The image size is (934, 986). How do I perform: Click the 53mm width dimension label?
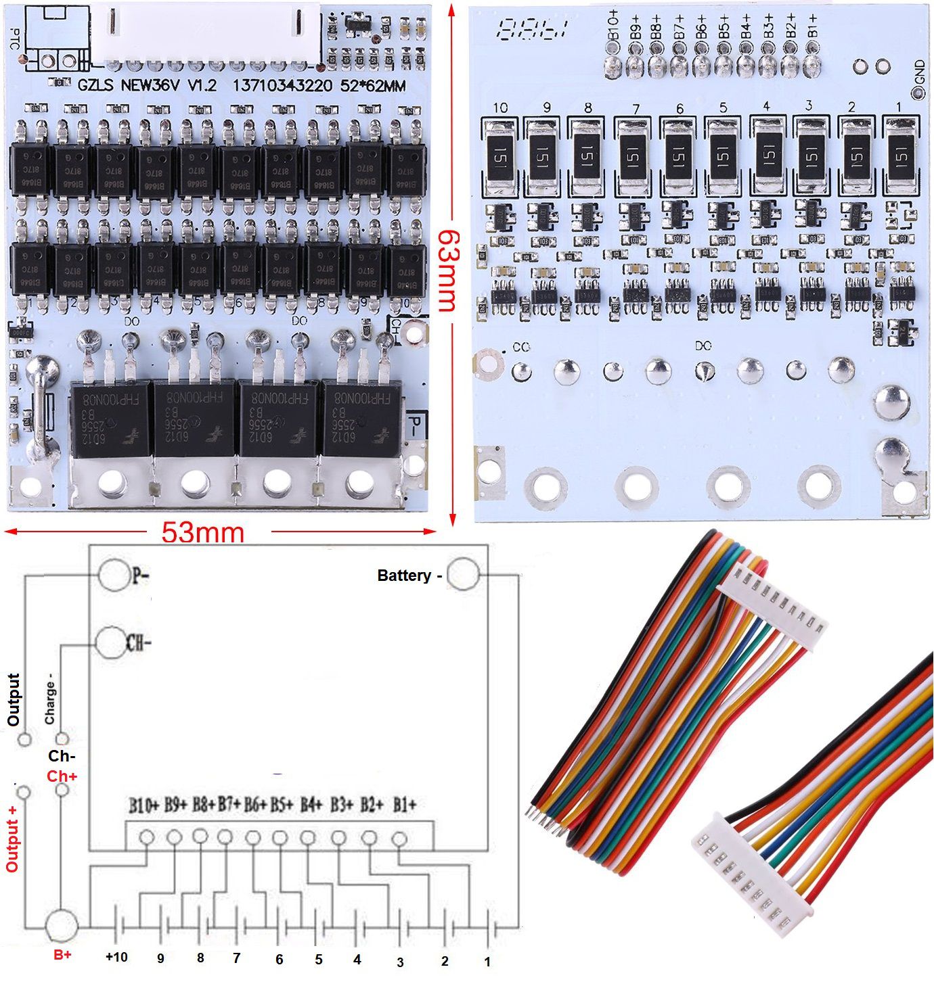[x=202, y=532]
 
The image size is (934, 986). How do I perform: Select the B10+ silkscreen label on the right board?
[x=614, y=26]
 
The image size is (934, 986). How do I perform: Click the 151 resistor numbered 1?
[x=901, y=156]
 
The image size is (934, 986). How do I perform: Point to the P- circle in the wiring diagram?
[x=113, y=576]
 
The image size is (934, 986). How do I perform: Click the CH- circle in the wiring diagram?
[x=111, y=642]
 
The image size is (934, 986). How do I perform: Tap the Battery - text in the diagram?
[x=409, y=576]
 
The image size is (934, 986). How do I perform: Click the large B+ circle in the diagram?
[x=62, y=926]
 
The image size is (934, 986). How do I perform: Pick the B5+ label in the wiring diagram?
[x=282, y=805]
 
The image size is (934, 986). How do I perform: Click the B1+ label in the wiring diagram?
[x=404, y=805]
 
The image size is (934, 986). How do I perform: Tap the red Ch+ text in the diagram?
[x=62, y=776]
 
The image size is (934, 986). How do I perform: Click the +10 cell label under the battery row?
[x=116, y=957]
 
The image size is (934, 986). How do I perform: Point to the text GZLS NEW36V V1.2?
[x=147, y=86]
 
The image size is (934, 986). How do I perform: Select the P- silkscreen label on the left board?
[x=416, y=426]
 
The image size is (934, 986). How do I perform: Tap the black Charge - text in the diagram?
[x=50, y=699]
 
